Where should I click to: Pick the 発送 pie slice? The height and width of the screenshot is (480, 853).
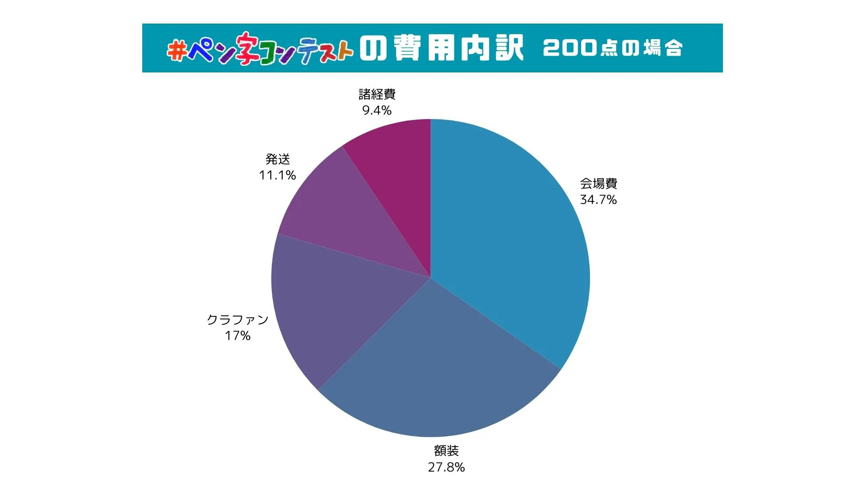point(351,213)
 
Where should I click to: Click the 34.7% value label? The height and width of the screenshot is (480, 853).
point(598,200)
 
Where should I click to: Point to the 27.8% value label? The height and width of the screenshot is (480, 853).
point(446,467)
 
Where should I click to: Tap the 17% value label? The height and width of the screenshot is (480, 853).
point(238,336)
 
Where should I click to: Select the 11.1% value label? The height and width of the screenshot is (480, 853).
point(277,175)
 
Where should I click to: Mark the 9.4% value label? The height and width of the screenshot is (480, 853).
point(377,110)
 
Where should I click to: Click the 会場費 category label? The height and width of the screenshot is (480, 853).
point(598,184)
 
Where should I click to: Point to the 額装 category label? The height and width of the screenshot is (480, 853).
point(446,451)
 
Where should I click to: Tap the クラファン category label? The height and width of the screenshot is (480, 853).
point(238,320)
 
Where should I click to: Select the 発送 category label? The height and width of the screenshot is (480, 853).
point(278,159)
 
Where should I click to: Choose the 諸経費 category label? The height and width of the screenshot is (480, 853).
point(377,94)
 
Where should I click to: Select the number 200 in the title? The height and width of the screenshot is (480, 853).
point(569,48)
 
